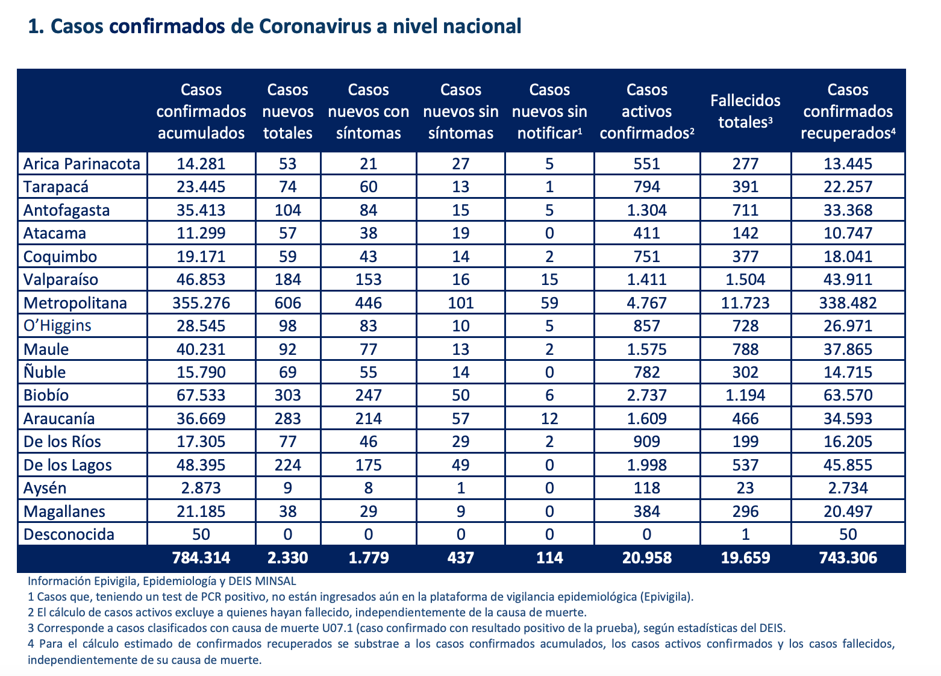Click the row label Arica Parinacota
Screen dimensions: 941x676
[x=81, y=164]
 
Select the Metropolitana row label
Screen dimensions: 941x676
[x=75, y=303]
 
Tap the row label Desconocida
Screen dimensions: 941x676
[x=69, y=534]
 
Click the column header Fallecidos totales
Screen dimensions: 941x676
[x=745, y=111]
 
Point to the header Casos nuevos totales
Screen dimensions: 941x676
[x=288, y=111]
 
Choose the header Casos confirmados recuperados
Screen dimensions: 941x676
[x=848, y=111]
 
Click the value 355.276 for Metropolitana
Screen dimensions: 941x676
[x=201, y=303]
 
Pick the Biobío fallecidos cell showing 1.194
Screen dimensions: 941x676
[x=745, y=395]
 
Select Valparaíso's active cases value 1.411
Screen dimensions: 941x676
[x=646, y=280]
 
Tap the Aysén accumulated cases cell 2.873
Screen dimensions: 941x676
[x=201, y=488]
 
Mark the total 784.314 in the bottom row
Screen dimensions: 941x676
[x=201, y=558]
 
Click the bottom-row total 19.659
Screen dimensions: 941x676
[x=745, y=558]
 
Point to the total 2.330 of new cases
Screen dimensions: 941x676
[x=288, y=558]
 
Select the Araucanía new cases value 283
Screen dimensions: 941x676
[x=288, y=419]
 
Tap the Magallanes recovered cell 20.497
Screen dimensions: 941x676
[x=848, y=512]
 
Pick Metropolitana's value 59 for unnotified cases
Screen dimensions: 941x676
[x=549, y=303]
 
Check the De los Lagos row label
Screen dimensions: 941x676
[x=67, y=465]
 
